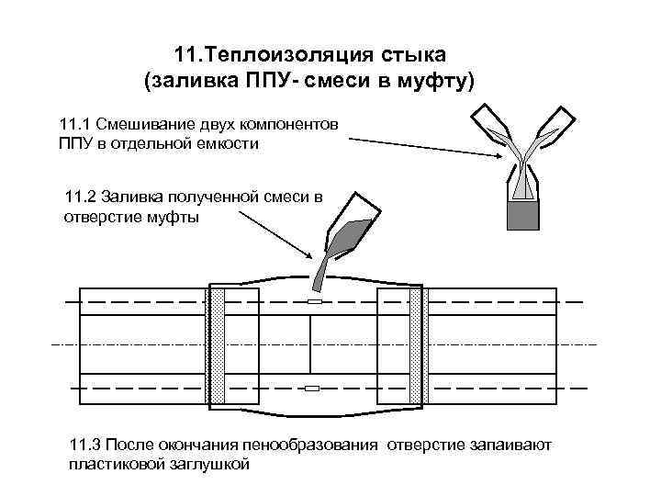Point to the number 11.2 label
point(82,197)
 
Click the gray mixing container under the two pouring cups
point(522,214)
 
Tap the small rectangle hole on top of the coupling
point(313,301)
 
